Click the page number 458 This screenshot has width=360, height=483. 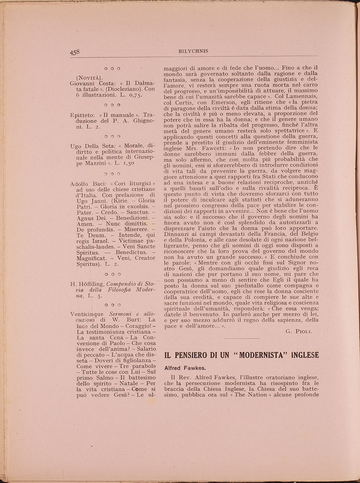75,52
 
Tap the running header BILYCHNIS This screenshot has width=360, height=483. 193,51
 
